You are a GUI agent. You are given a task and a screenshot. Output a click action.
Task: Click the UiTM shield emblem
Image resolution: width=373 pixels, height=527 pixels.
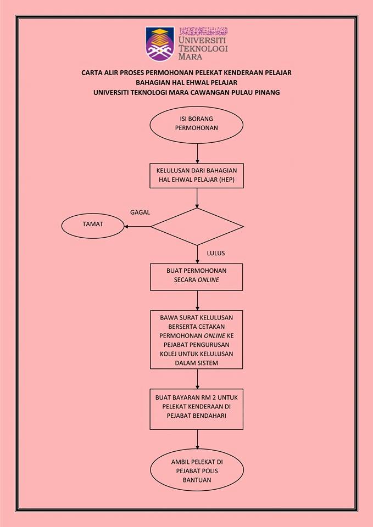[x=160, y=44]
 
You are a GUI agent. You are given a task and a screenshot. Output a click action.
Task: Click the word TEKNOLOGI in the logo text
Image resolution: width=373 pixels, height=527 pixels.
[x=203, y=48]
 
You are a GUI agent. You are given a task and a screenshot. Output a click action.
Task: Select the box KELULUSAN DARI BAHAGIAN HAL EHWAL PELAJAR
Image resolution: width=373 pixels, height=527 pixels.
[x=197, y=176]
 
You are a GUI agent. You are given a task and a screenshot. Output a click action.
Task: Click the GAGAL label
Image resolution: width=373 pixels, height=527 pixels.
[x=140, y=212]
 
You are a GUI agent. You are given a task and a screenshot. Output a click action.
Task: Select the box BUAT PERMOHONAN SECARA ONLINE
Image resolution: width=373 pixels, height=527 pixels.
[x=197, y=277]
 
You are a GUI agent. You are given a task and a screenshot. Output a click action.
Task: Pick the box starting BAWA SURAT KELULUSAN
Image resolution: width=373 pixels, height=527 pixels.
[x=197, y=339]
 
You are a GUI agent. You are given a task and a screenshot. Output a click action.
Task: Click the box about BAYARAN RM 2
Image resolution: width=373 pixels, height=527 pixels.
[x=197, y=409]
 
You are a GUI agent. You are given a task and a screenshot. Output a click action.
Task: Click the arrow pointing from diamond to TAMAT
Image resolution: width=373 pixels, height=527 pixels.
[x=137, y=227]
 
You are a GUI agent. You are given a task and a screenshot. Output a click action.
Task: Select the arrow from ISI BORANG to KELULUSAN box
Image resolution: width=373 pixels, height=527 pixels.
[x=197, y=154]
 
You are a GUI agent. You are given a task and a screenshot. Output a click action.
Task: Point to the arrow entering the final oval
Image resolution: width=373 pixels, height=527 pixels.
[x=197, y=439]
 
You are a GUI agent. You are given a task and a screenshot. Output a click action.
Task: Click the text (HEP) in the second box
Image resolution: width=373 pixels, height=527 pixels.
[x=226, y=180]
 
